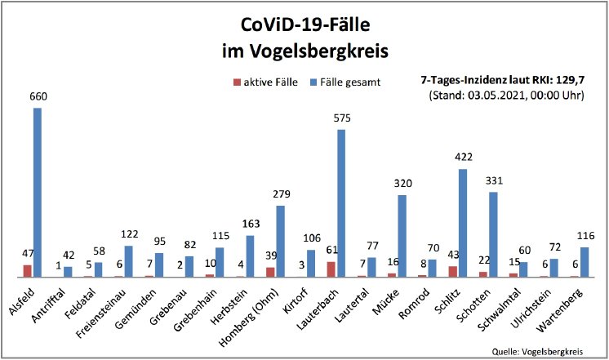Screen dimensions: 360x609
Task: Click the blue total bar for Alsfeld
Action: (x=38, y=193)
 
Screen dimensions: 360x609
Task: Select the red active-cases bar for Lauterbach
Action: (x=331, y=269)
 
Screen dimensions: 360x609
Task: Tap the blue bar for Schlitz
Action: (x=463, y=223)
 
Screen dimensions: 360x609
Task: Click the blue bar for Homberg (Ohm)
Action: (x=280, y=241)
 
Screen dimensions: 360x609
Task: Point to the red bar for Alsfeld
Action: (x=27, y=271)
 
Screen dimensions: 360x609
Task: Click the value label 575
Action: (x=341, y=119)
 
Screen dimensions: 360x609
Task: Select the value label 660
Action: (x=38, y=97)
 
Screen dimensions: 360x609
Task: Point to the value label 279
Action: (x=280, y=194)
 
